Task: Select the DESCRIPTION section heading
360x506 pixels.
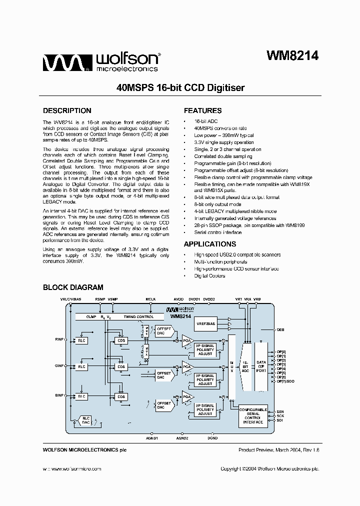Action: [67, 110]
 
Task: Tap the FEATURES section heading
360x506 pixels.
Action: [202, 110]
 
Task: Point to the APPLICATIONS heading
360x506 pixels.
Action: [209, 244]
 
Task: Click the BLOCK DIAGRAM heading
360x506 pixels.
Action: [73, 287]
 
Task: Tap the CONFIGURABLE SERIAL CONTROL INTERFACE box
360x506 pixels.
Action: [253, 415]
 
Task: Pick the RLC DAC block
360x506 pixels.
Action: [86, 420]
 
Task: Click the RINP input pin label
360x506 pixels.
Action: [59, 340]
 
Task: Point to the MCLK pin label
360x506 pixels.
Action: [150, 298]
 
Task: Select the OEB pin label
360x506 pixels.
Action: [280, 330]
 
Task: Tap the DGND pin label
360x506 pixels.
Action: [212, 438]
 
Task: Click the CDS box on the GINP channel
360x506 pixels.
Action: [120, 367]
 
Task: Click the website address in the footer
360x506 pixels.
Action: [71, 468]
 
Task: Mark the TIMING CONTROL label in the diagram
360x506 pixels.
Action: [139, 317]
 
